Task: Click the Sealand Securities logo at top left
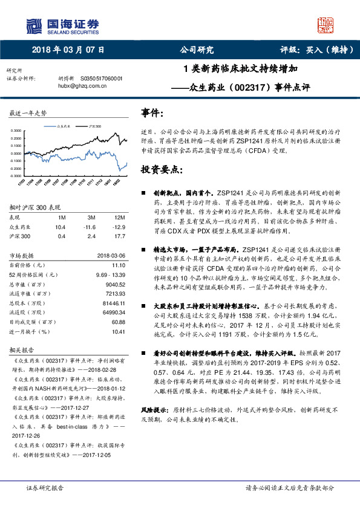click(62, 25)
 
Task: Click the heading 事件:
click(152, 113)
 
